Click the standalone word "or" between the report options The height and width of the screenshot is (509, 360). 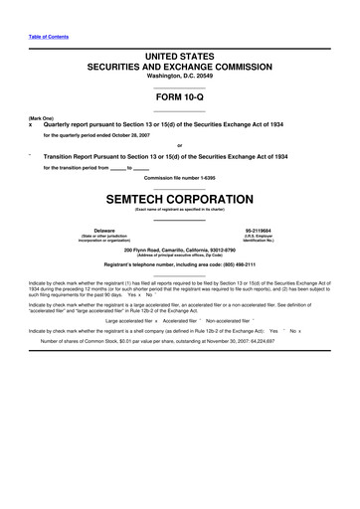click(179, 147)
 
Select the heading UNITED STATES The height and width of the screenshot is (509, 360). click(179, 53)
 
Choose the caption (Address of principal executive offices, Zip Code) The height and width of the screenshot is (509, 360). click(179, 255)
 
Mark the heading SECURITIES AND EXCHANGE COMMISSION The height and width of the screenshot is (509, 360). click(179, 64)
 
